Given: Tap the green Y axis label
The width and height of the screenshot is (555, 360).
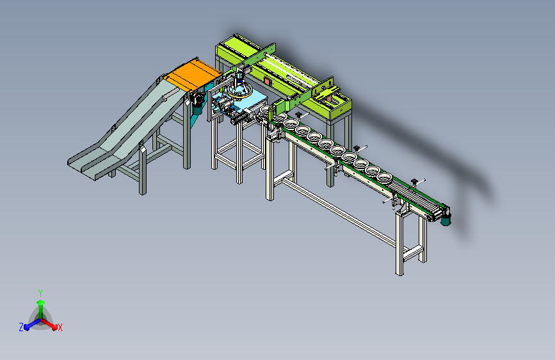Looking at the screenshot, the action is click(x=40, y=293).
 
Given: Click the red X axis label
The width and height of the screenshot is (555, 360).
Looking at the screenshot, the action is click(x=60, y=328).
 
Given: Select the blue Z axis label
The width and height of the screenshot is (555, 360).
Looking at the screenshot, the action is click(x=21, y=327).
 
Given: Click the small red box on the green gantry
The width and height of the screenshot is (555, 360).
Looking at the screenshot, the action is click(x=267, y=81).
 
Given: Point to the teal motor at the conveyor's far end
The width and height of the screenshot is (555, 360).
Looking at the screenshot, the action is click(x=446, y=219).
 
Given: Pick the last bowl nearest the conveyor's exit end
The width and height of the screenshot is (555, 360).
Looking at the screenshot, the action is click(x=384, y=177).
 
